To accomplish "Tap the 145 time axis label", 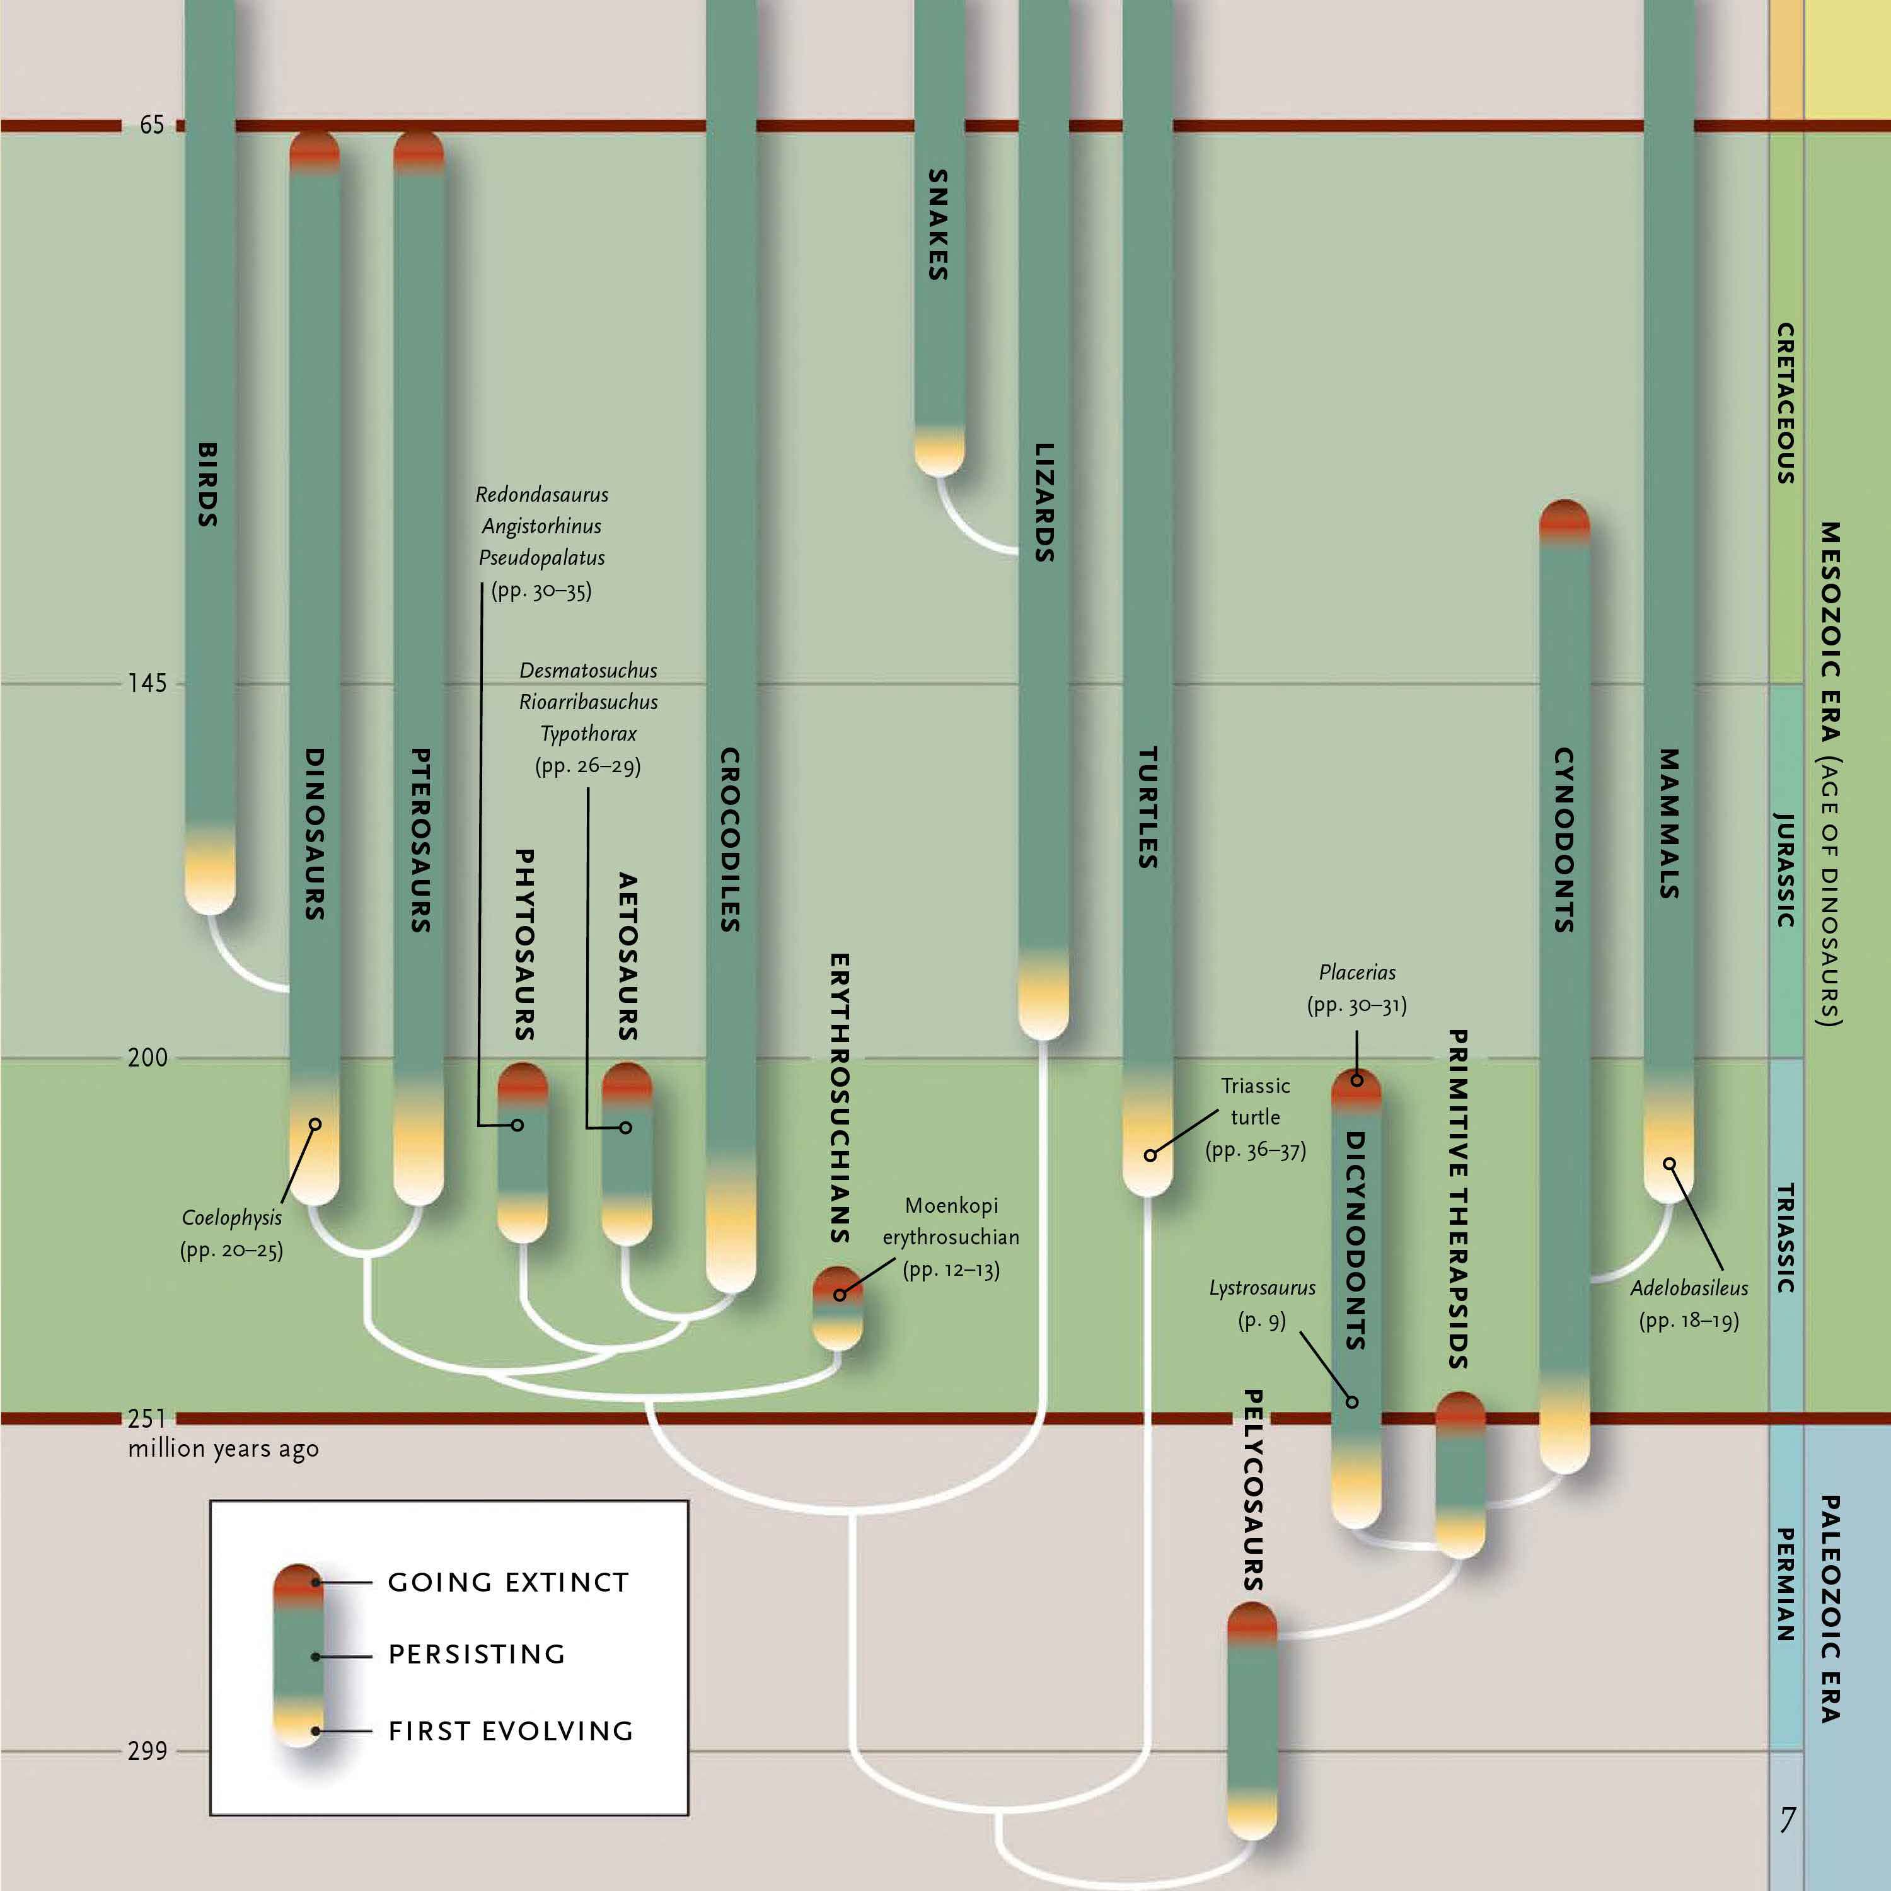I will [x=147, y=683].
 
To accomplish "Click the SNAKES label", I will [x=938, y=224].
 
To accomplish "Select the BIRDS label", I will [x=207, y=485].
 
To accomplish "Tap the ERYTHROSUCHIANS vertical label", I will [x=839, y=1097].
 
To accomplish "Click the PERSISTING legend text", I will [x=477, y=1654].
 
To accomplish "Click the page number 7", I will [x=1786, y=1820].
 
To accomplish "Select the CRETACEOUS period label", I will [x=1786, y=403].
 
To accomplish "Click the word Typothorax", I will [x=588, y=733].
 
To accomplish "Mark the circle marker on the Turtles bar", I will [x=1150, y=1155].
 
